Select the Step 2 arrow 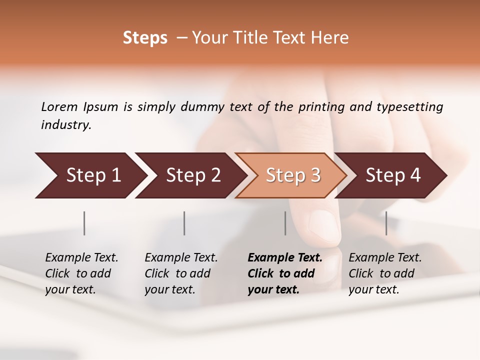click(190, 175)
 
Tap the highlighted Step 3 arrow click(290, 175)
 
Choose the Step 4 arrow click(391, 175)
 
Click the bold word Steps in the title click(145, 38)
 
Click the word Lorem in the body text click(59, 106)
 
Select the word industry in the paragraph click(65, 125)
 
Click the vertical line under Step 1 click(84, 223)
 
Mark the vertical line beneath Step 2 click(184, 223)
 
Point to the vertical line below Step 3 click(285, 223)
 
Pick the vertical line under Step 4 click(386, 223)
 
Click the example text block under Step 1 click(81, 273)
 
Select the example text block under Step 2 click(181, 273)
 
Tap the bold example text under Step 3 click(284, 273)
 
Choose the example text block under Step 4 click(385, 273)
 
